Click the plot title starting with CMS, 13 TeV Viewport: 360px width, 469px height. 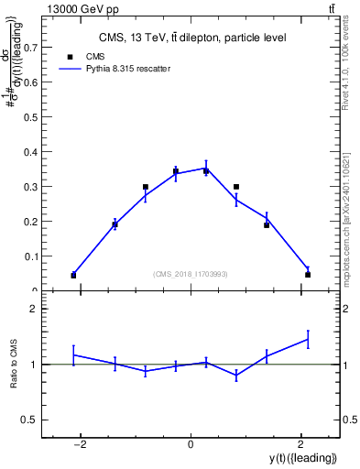pos(192,38)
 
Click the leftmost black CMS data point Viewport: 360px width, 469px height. pos(73,275)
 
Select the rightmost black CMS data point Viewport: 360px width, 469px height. pos(308,274)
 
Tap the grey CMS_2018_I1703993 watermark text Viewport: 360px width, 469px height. pos(191,273)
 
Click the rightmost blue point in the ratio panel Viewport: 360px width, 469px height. pos(308,339)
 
